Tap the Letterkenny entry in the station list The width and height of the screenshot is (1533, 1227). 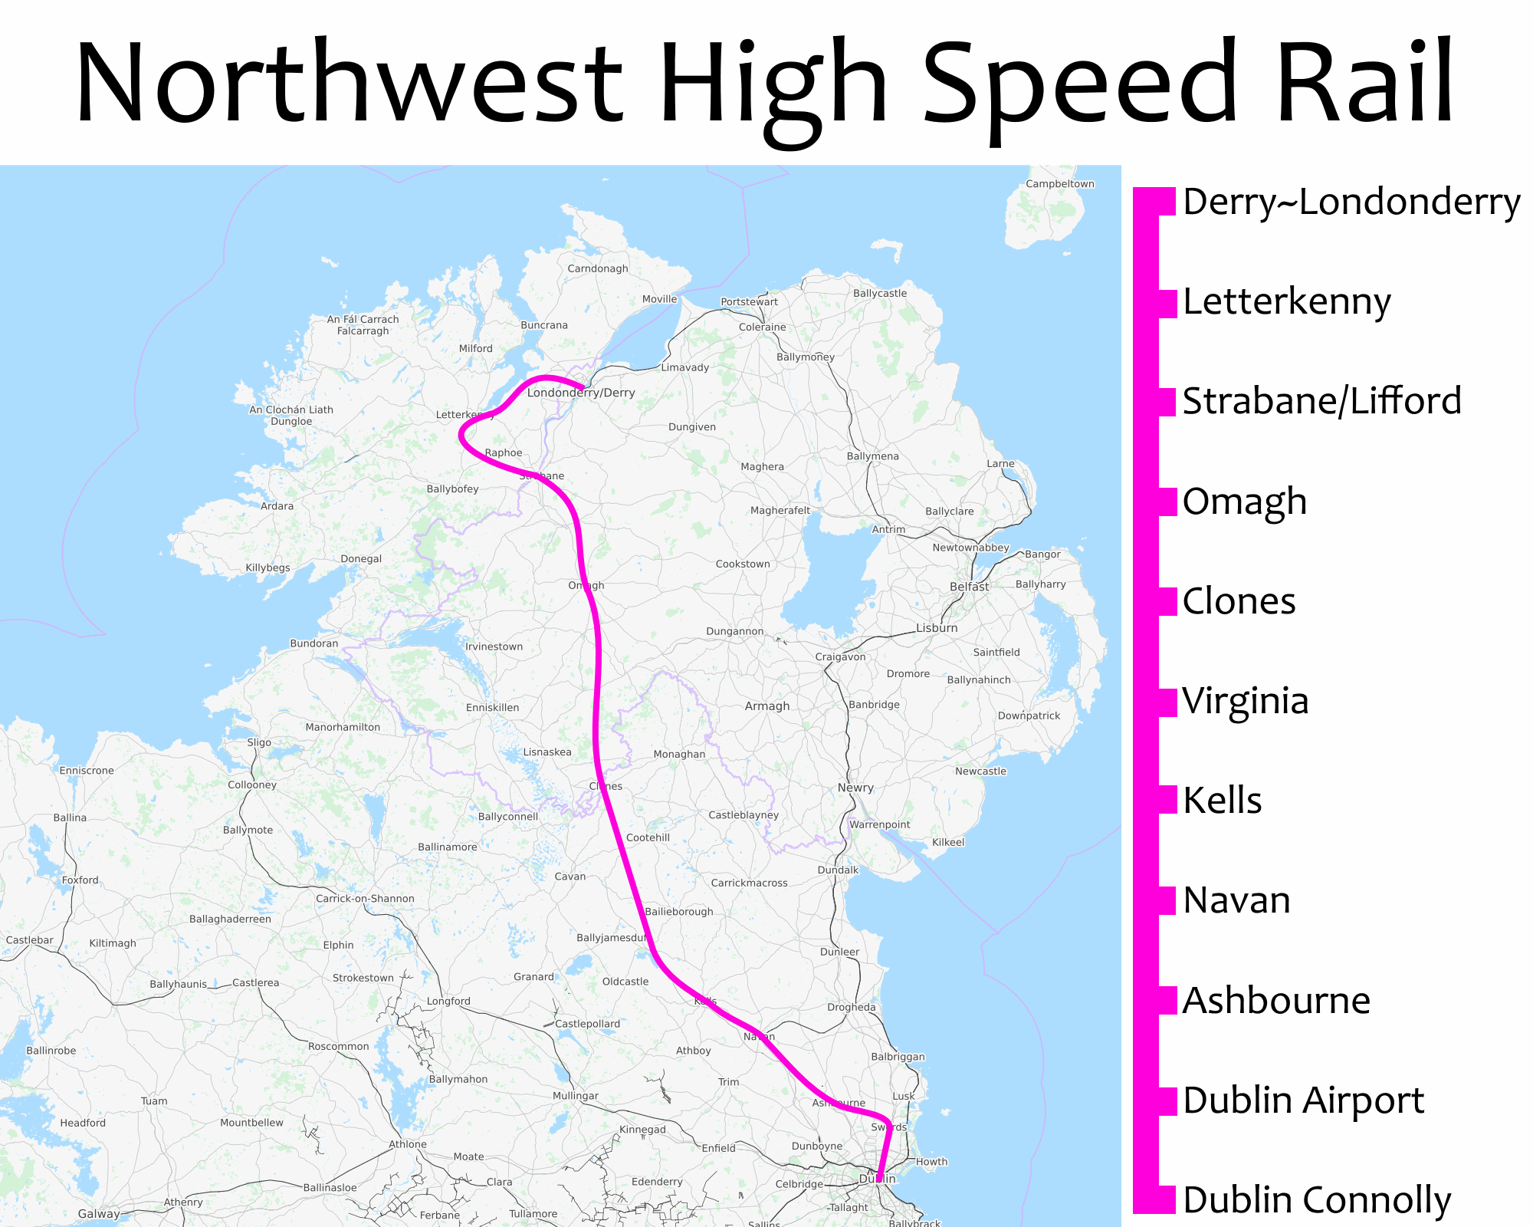coord(1286,301)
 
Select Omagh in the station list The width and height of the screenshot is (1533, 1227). coord(1244,502)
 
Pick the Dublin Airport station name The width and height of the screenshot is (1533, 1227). coord(1303,1100)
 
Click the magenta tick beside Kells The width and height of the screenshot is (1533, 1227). coord(1166,800)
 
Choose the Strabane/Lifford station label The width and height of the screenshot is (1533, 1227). coord(1321,401)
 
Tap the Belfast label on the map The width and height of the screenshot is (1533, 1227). coord(969,587)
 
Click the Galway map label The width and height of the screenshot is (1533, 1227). coord(99,1213)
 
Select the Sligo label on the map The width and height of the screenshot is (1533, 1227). coord(259,742)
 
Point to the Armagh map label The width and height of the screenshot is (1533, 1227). coord(766,706)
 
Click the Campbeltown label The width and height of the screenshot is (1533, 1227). coord(1060,184)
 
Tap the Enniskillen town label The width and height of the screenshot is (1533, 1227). coord(492,708)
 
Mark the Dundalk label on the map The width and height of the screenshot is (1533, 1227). coord(838,870)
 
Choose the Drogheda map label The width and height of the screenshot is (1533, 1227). coord(851,1007)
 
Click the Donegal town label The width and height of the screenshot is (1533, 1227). coord(361,559)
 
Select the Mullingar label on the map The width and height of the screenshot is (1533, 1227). coord(575,1096)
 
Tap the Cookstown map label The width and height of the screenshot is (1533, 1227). coord(742,564)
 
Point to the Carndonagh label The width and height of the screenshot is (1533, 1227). coord(597,268)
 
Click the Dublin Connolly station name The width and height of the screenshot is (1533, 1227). coord(1316,1200)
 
